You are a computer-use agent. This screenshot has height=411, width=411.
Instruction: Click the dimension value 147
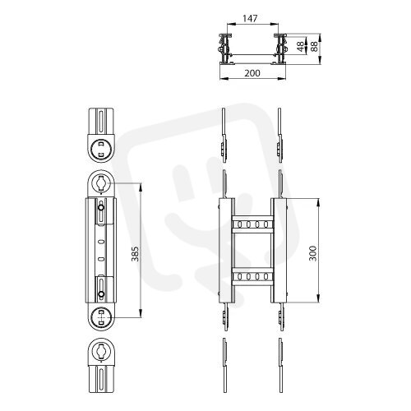(x=251, y=18)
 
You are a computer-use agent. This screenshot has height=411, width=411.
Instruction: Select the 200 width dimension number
(x=252, y=73)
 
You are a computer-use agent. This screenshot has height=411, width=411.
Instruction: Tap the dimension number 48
(x=301, y=46)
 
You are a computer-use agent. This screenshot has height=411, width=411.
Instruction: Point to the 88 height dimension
(x=315, y=46)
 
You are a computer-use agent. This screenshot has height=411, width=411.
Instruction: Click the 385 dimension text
(x=135, y=254)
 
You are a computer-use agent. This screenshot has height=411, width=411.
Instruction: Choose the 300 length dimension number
(x=312, y=253)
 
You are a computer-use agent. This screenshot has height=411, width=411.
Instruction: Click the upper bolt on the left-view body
(x=101, y=208)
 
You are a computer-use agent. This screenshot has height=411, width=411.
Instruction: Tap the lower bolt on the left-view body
(x=101, y=294)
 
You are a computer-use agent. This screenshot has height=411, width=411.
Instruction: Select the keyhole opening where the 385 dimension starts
(x=101, y=182)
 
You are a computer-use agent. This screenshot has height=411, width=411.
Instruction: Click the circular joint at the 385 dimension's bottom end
(x=101, y=317)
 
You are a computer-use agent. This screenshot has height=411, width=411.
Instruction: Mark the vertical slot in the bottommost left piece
(x=101, y=379)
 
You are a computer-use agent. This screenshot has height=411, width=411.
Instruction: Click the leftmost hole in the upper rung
(x=239, y=224)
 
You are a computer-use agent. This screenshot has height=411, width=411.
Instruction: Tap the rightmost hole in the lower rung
(x=266, y=276)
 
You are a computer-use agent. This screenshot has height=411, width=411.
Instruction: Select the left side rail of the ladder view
(x=227, y=251)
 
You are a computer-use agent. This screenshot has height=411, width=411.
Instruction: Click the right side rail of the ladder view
(x=279, y=251)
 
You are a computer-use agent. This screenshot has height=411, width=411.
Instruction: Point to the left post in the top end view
(x=225, y=48)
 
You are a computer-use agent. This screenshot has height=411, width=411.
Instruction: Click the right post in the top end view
(x=280, y=48)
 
